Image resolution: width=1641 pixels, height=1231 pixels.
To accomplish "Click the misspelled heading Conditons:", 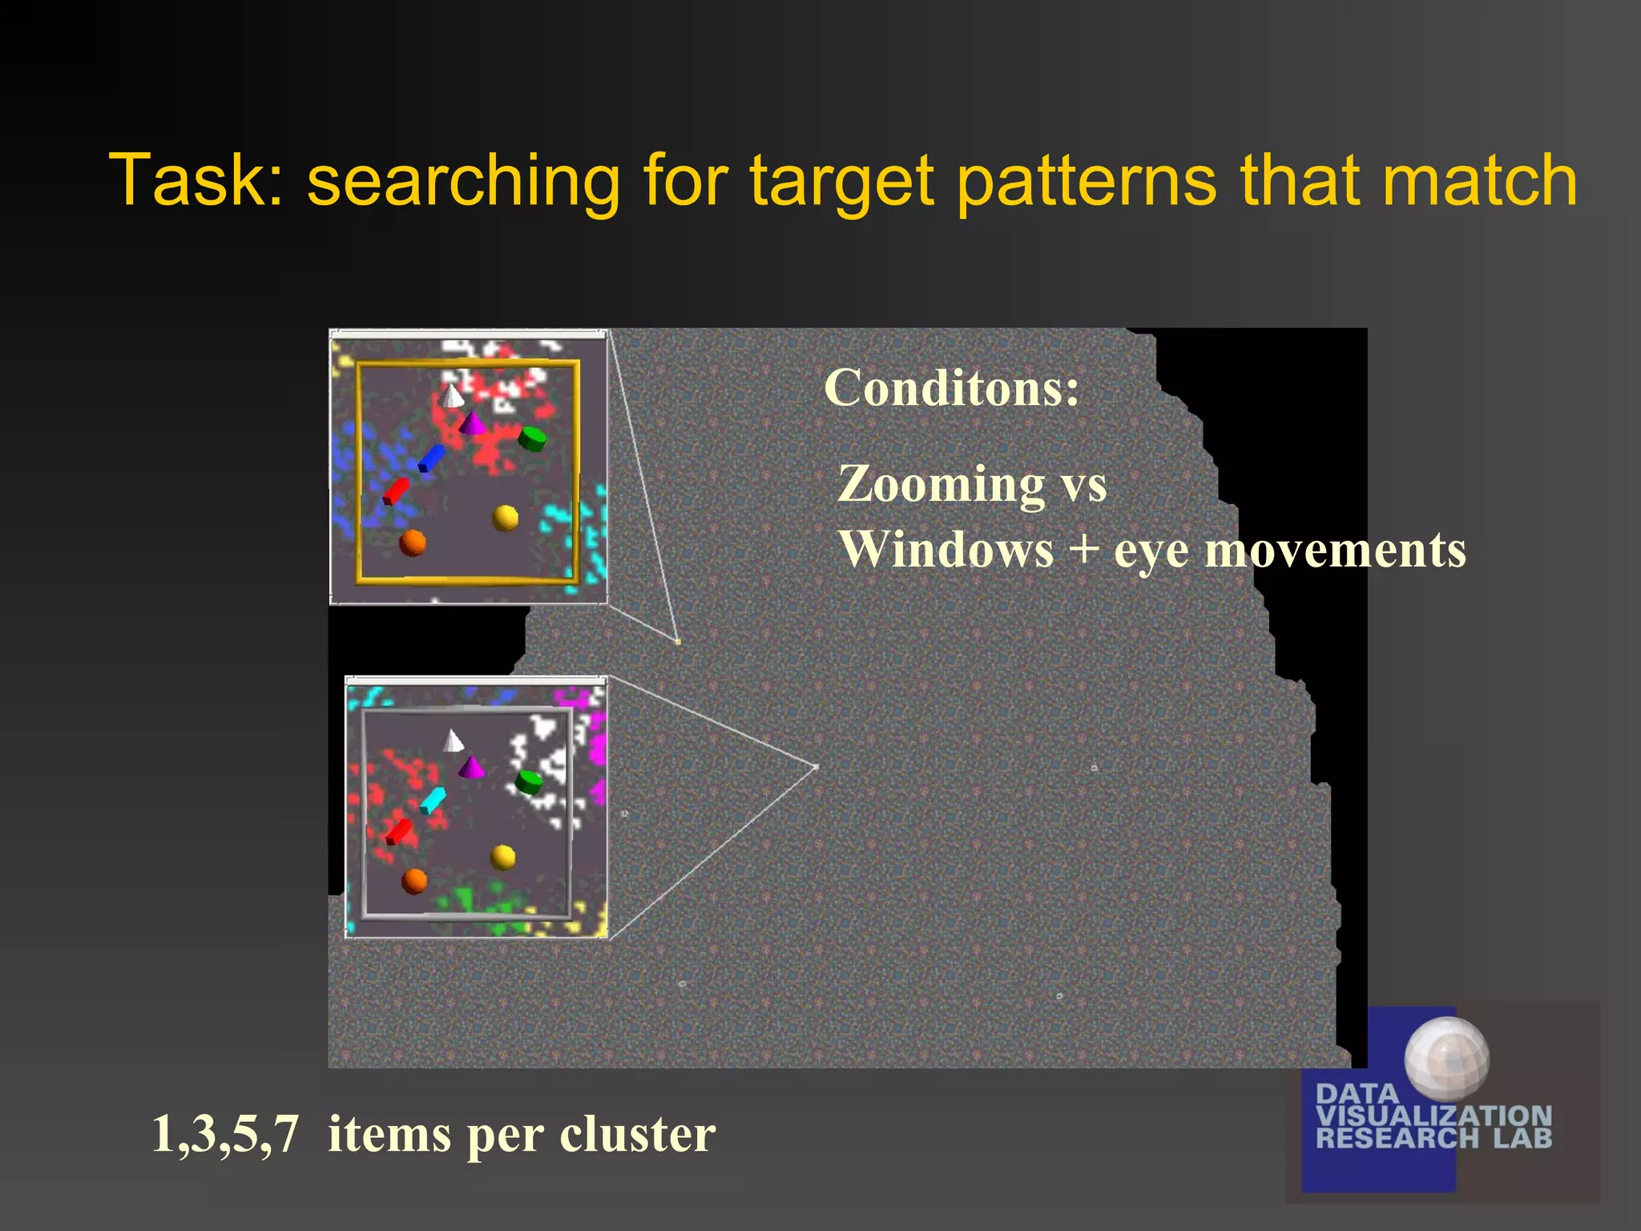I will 952,388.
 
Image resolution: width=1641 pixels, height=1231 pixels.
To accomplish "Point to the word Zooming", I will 941,486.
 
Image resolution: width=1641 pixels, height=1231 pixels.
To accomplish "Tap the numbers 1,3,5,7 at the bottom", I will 225,1134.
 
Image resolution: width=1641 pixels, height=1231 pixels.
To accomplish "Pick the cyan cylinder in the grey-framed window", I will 433,800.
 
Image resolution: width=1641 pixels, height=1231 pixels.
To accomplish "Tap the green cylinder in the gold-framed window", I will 532,438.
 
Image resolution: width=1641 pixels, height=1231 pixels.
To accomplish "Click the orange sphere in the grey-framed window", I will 414,881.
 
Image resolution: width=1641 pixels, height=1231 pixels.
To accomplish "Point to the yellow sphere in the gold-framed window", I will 505,518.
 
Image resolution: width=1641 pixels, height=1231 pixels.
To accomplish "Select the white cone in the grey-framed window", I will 454,741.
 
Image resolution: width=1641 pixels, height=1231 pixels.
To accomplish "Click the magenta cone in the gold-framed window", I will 472,423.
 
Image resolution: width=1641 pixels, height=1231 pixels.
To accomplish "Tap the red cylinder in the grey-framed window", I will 398,831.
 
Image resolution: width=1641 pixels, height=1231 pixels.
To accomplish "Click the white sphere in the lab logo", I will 1447,1057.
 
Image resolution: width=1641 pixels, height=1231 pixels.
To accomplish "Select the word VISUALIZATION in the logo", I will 1434,1116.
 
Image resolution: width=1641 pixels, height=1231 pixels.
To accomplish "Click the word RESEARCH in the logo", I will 1397,1138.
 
